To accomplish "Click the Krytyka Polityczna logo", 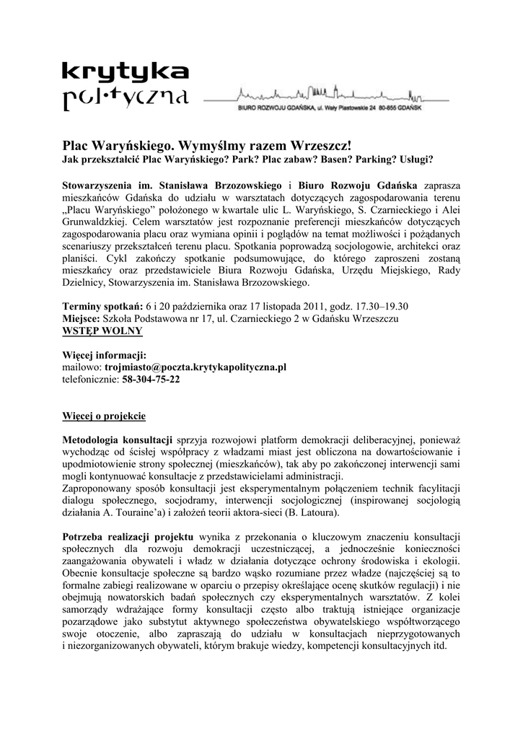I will coord(126,84).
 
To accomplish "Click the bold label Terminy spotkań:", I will coord(102,305).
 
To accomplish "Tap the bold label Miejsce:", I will coord(84,318).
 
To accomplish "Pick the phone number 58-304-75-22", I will coord(151,379).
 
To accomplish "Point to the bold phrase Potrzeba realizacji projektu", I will coord(128,538).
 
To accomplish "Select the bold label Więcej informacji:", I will coord(104,354).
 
